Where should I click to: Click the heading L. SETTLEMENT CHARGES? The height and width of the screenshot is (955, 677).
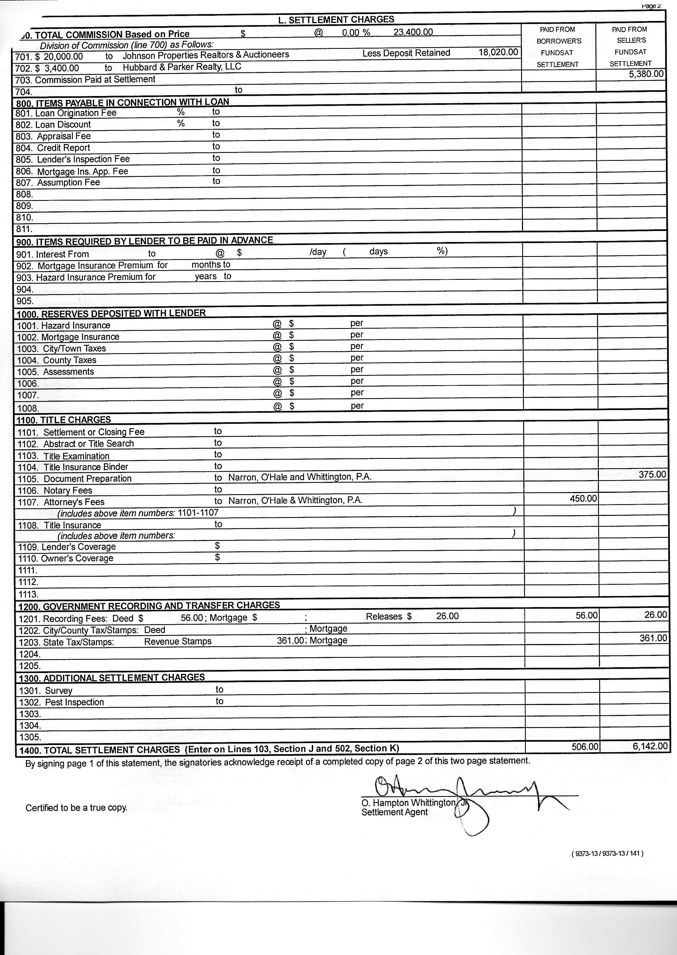click(336, 19)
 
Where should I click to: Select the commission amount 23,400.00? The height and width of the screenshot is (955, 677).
click(413, 32)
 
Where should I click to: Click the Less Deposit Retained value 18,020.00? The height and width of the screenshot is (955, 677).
click(498, 52)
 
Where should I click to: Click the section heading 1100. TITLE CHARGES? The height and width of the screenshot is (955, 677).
click(63, 420)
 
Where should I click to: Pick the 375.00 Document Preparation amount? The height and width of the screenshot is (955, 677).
click(652, 474)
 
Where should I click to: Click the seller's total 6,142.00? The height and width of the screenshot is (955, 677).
click(650, 746)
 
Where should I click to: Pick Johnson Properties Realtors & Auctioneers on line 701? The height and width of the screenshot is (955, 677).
click(206, 55)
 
